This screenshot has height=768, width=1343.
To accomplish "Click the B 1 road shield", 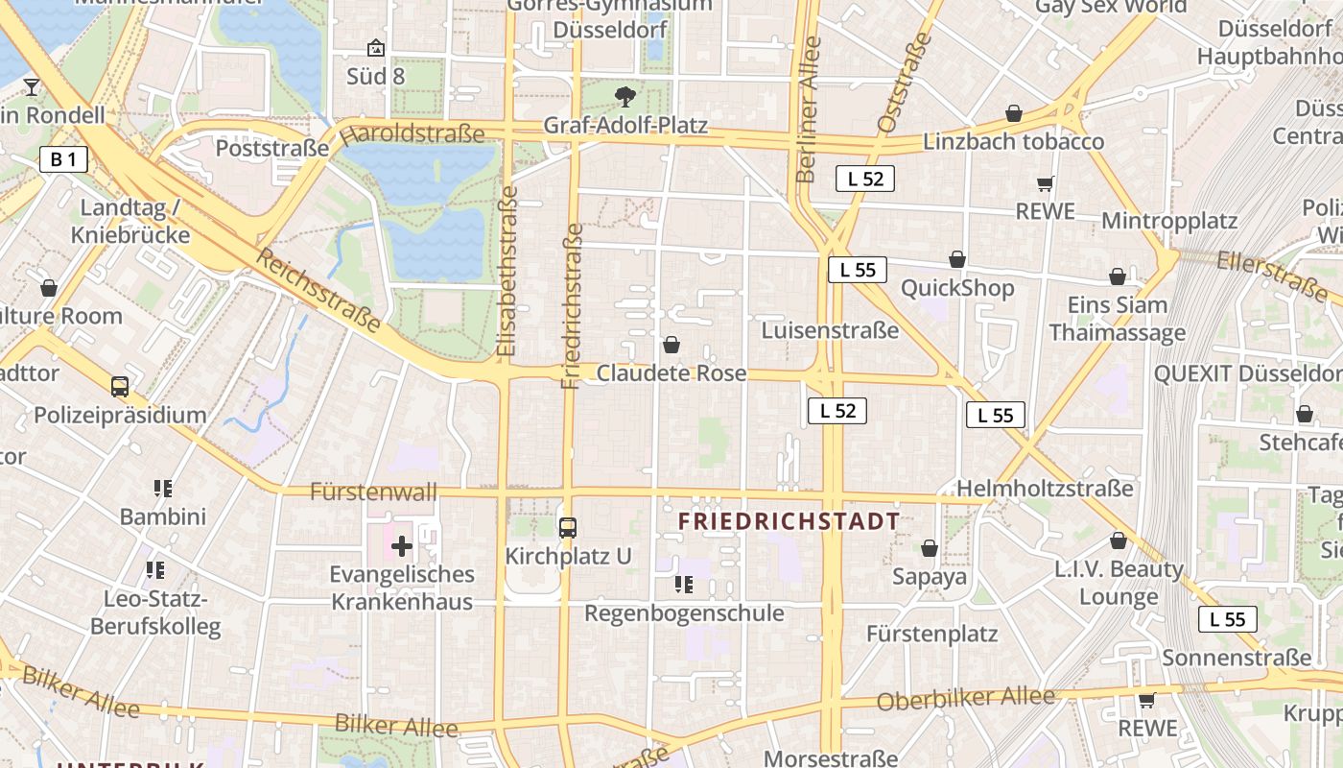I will [63, 159].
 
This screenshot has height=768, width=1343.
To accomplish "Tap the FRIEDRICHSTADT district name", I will [789, 521].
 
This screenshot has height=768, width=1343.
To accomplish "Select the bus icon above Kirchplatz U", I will [568, 527].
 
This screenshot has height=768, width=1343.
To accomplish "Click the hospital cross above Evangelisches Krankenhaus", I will [401, 547].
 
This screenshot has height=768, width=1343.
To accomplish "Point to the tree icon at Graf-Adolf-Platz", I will [625, 96].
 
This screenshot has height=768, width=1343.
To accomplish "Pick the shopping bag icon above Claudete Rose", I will [671, 344].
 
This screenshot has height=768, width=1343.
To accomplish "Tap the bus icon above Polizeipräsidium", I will [120, 387].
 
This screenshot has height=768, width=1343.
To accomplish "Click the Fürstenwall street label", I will [373, 492].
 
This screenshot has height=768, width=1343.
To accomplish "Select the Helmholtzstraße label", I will [1045, 488].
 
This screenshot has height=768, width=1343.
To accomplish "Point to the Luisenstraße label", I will [830, 330].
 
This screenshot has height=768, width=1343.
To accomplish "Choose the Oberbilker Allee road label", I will [965, 699].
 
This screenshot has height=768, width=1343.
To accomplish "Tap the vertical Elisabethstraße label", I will [508, 272].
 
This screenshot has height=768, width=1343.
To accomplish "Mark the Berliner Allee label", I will [808, 109].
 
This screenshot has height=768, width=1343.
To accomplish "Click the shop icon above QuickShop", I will [956, 259].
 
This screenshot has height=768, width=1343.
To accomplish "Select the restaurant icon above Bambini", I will [163, 489].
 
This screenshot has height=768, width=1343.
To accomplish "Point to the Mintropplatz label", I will [1168, 221].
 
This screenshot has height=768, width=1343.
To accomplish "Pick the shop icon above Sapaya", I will [929, 548].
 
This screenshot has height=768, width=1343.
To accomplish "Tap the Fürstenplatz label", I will [931, 634].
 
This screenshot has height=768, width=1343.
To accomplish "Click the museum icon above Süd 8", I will [376, 47].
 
